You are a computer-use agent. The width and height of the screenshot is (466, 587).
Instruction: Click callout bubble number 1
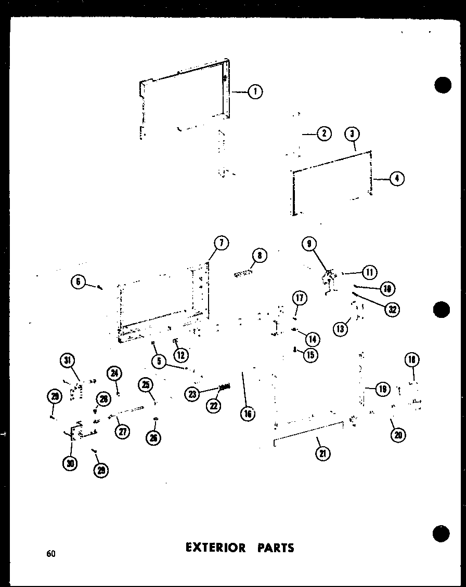pos(255,92)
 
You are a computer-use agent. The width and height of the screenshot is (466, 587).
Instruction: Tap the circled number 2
pos(323,134)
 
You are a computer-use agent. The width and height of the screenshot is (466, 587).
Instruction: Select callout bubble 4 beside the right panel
pos(396,179)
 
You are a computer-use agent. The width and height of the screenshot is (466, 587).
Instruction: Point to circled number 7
pos(221,243)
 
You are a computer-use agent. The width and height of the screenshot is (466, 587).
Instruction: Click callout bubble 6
pos(79,282)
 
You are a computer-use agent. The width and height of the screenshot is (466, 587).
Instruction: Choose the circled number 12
pos(180,355)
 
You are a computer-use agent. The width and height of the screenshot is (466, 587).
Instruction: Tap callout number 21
pos(322,453)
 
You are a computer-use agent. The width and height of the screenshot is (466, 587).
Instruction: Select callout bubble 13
pos(341,328)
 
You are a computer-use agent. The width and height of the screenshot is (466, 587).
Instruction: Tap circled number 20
pos(398,435)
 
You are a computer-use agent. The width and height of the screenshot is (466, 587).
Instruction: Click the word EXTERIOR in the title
pos(214,548)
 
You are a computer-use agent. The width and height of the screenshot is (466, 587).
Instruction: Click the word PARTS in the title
pos(276,548)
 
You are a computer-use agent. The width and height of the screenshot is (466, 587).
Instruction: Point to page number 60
pos(50,553)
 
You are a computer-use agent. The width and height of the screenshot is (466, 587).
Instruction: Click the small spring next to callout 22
pos(225,387)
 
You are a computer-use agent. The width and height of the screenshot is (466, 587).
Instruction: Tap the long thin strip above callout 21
pos(308,432)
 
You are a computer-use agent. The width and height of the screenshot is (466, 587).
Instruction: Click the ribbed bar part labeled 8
pos(243,272)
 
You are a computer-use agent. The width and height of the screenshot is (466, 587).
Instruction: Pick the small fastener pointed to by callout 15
pos(295,350)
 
